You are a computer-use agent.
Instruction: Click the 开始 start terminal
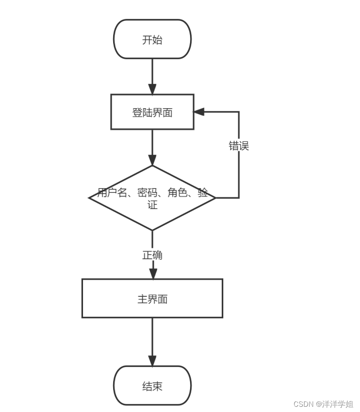pos(152,39)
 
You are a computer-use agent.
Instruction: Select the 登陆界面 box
pos(152,112)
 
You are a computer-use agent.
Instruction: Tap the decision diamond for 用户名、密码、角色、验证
pos(152,198)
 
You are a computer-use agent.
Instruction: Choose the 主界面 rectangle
pos(152,299)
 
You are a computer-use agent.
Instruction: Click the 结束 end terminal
pos(152,386)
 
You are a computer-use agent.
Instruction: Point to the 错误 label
pos(239,146)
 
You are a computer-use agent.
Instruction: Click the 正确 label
pos(152,255)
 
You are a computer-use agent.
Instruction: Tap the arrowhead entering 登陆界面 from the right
pos(199,112)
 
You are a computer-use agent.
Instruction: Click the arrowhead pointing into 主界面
pos(152,273)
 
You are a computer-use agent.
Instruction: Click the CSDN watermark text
pos(323,404)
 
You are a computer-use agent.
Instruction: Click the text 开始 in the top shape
pos(152,40)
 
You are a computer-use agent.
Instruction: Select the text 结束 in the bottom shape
pos(152,386)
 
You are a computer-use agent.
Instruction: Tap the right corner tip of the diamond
pos(215,198)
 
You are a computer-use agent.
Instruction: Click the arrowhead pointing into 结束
pos(152,360)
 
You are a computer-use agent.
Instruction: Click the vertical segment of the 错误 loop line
pos(239,175)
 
